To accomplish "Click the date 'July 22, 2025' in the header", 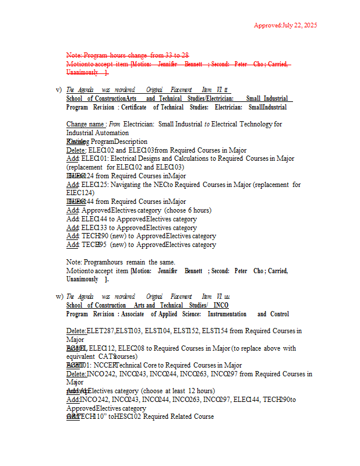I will coord(301,25).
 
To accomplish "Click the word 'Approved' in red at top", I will coord(267,25).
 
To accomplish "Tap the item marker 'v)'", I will coord(59,90).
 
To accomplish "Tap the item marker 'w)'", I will coord(59,296).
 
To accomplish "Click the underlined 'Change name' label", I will coord(86,124).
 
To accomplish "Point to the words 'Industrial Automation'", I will coord(98,133).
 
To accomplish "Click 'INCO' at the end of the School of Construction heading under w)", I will coord(221,305).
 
